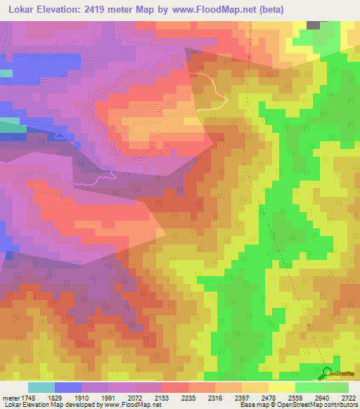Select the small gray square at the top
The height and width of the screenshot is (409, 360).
(x=313, y=25)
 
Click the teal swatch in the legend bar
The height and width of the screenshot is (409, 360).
(x=41, y=387)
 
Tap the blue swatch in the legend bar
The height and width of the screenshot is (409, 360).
(x=68, y=387)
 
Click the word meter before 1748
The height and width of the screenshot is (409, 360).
(x=11, y=396)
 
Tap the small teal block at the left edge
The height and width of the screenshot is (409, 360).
(x=6, y=73)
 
